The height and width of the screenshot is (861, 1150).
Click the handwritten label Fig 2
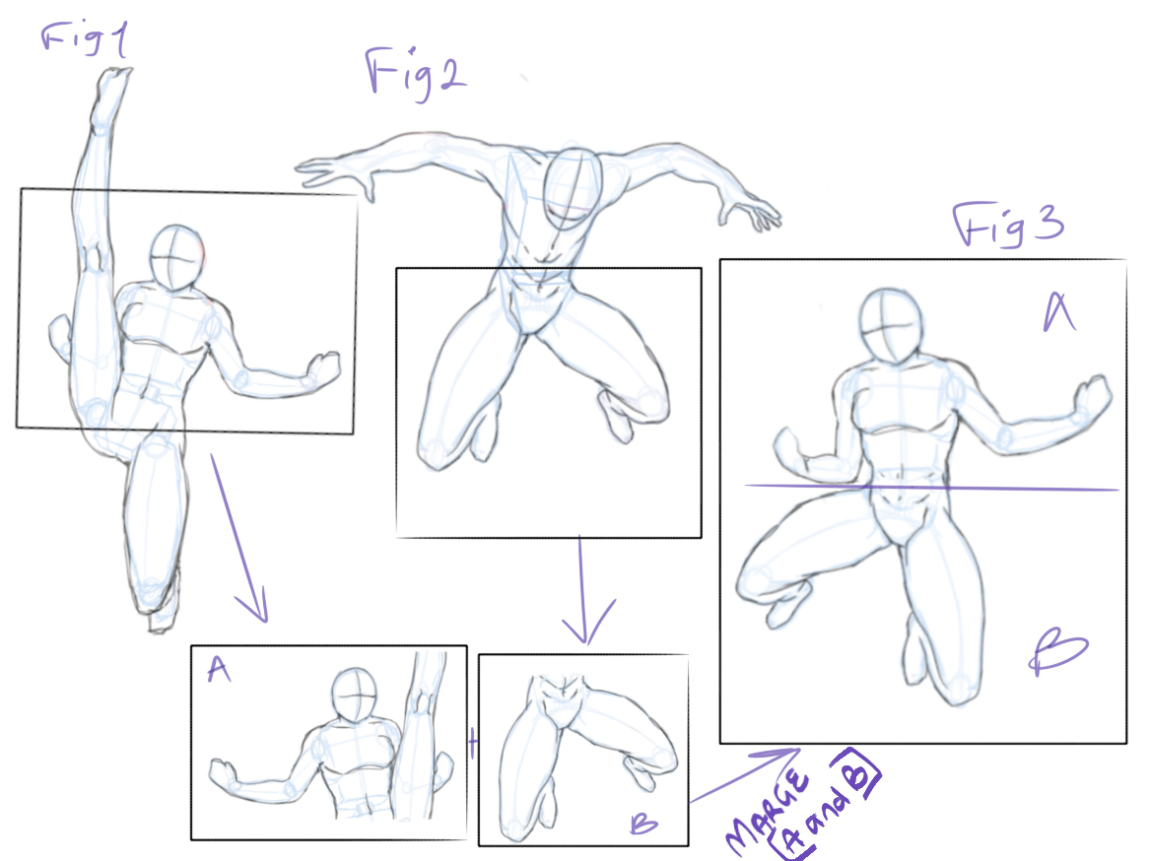pyautogui.click(x=416, y=74)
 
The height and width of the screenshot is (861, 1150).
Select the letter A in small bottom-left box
pyautogui.click(x=219, y=671)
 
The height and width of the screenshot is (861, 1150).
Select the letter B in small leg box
pyautogui.click(x=643, y=824)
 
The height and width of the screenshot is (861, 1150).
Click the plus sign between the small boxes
pyautogui.click(x=473, y=745)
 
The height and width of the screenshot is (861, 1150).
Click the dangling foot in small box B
pyautogui.click(x=642, y=775)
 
